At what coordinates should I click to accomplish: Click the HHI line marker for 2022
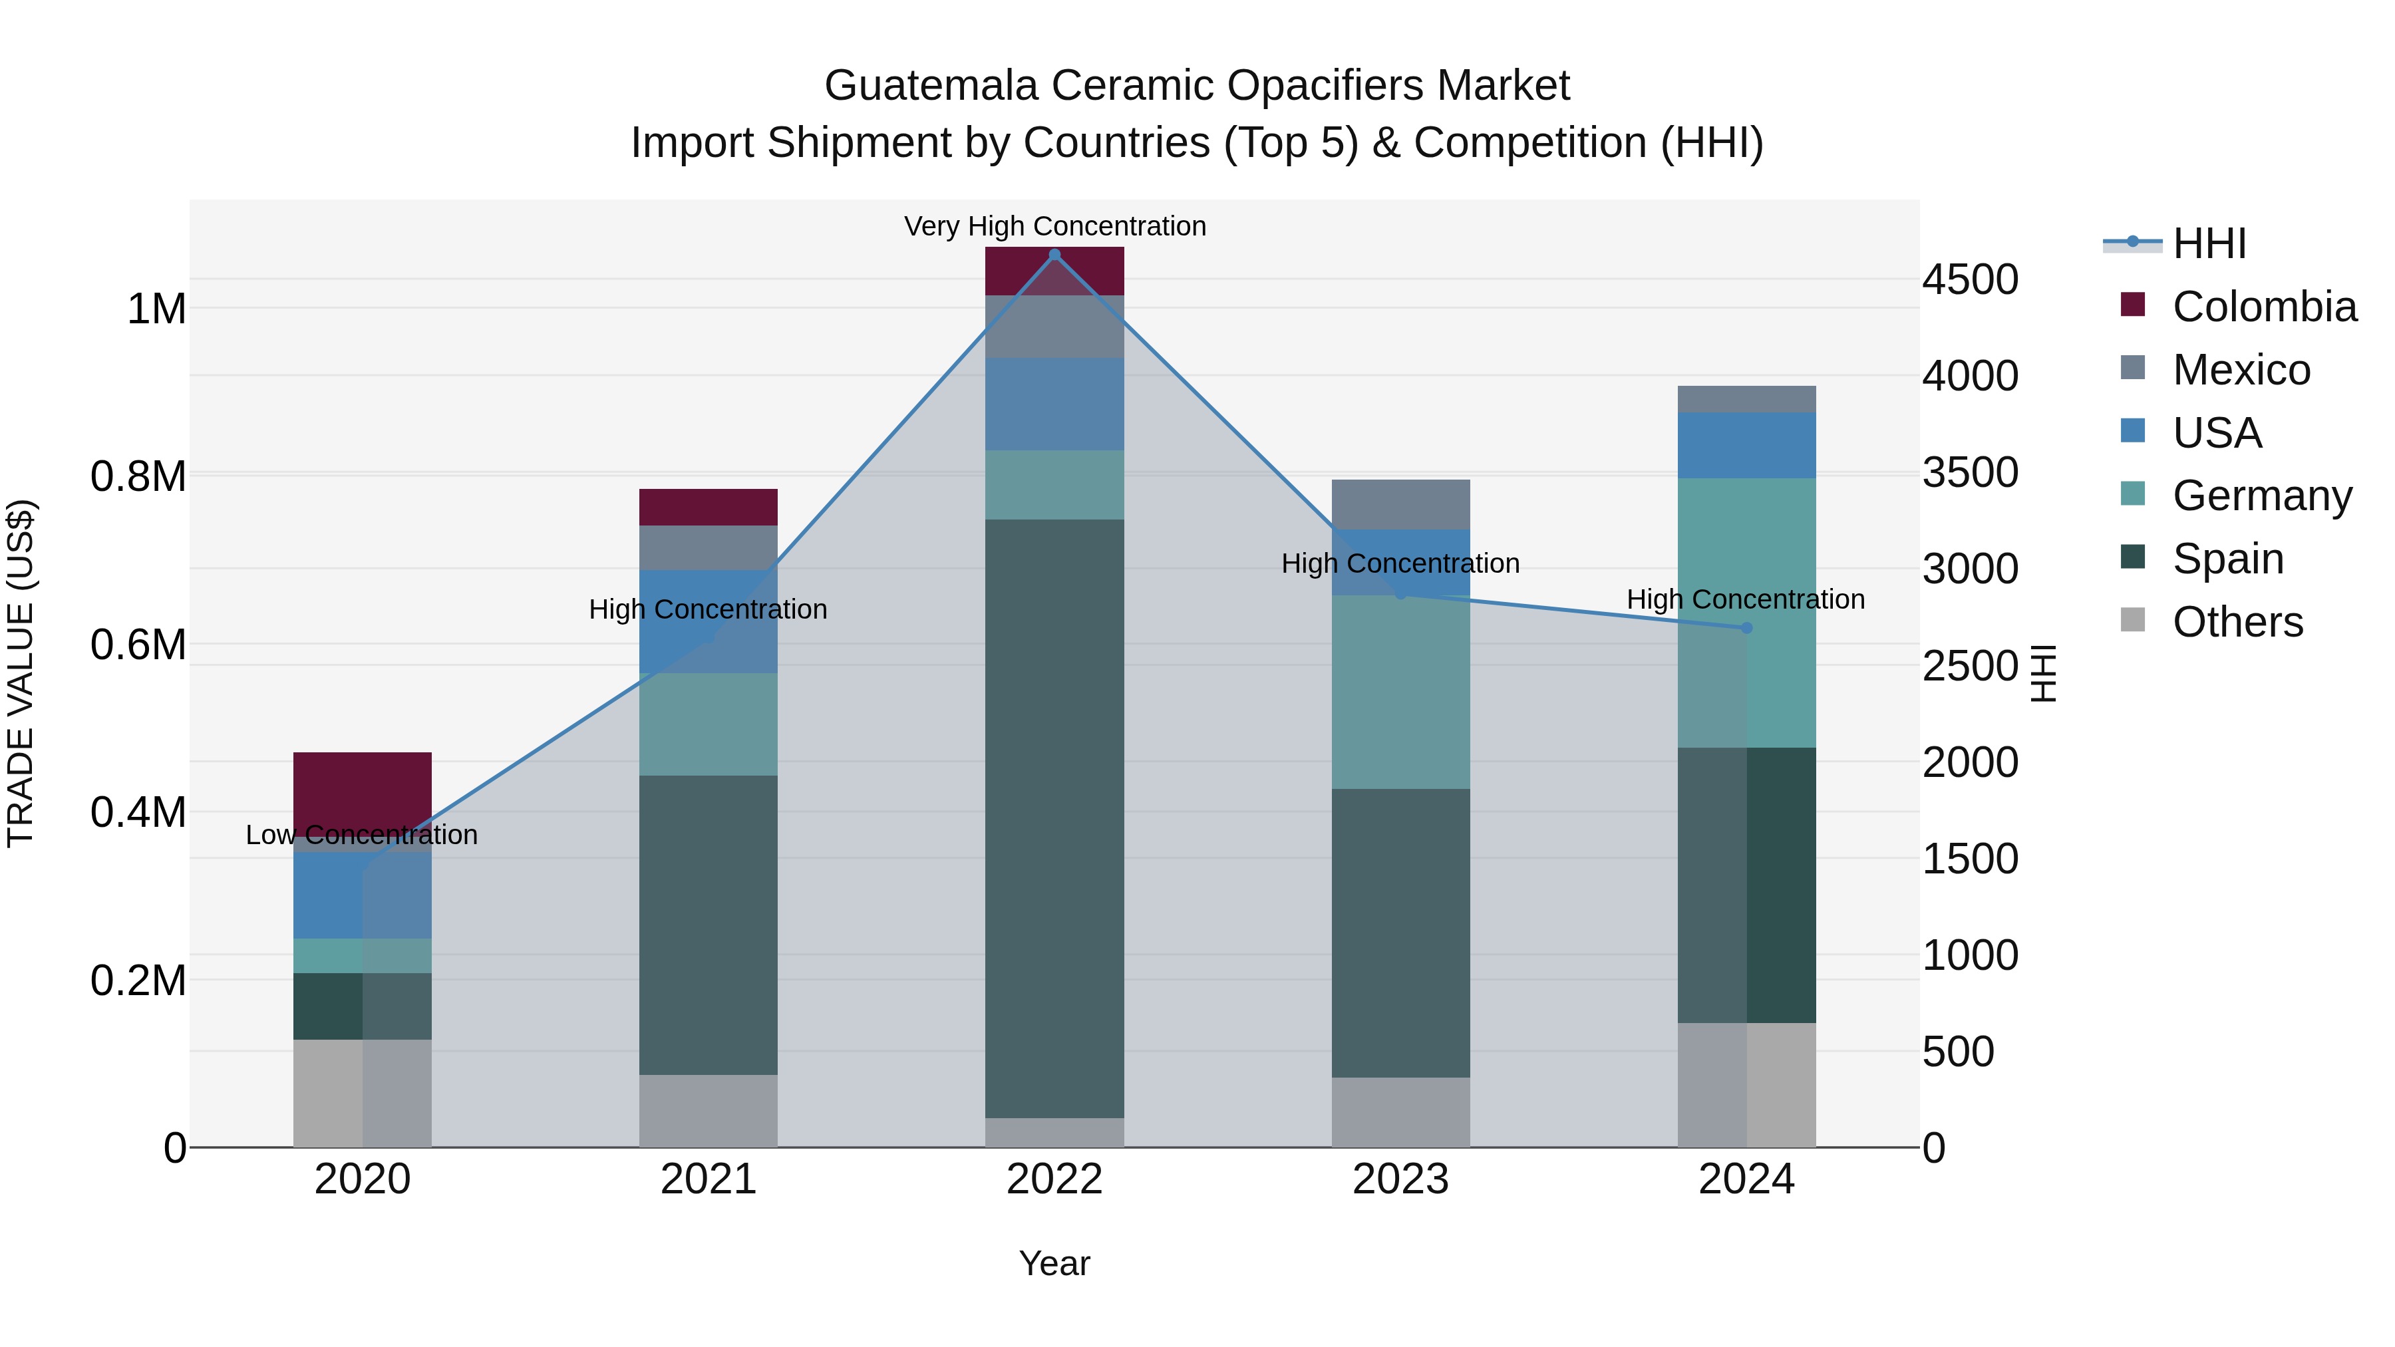(x=1054, y=255)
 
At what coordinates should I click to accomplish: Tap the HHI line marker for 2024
(x=1746, y=629)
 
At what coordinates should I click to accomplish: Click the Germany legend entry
(x=2261, y=496)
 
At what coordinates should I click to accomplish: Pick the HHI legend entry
(x=2209, y=243)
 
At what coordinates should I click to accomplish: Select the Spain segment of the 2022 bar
(x=1054, y=818)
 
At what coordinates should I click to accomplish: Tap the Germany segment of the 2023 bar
(x=1400, y=692)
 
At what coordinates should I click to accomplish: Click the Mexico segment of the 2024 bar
(x=1746, y=399)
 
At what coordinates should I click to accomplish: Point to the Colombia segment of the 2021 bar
(x=709, y=508)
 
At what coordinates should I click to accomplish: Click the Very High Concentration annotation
(x=1054, y=226)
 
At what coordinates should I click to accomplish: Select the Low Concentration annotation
(x=362, y=835)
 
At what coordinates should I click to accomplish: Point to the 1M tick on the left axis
(x=156, y=309)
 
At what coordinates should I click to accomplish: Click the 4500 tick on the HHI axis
(x=1970, y=280)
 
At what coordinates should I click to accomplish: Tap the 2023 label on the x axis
(x=1400, y=1179)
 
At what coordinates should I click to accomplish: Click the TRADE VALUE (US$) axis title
(x=21, y=673)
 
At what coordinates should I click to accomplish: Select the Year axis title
(x=1054, y=1263)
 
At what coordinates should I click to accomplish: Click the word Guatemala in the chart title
(x=931, y=86)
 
